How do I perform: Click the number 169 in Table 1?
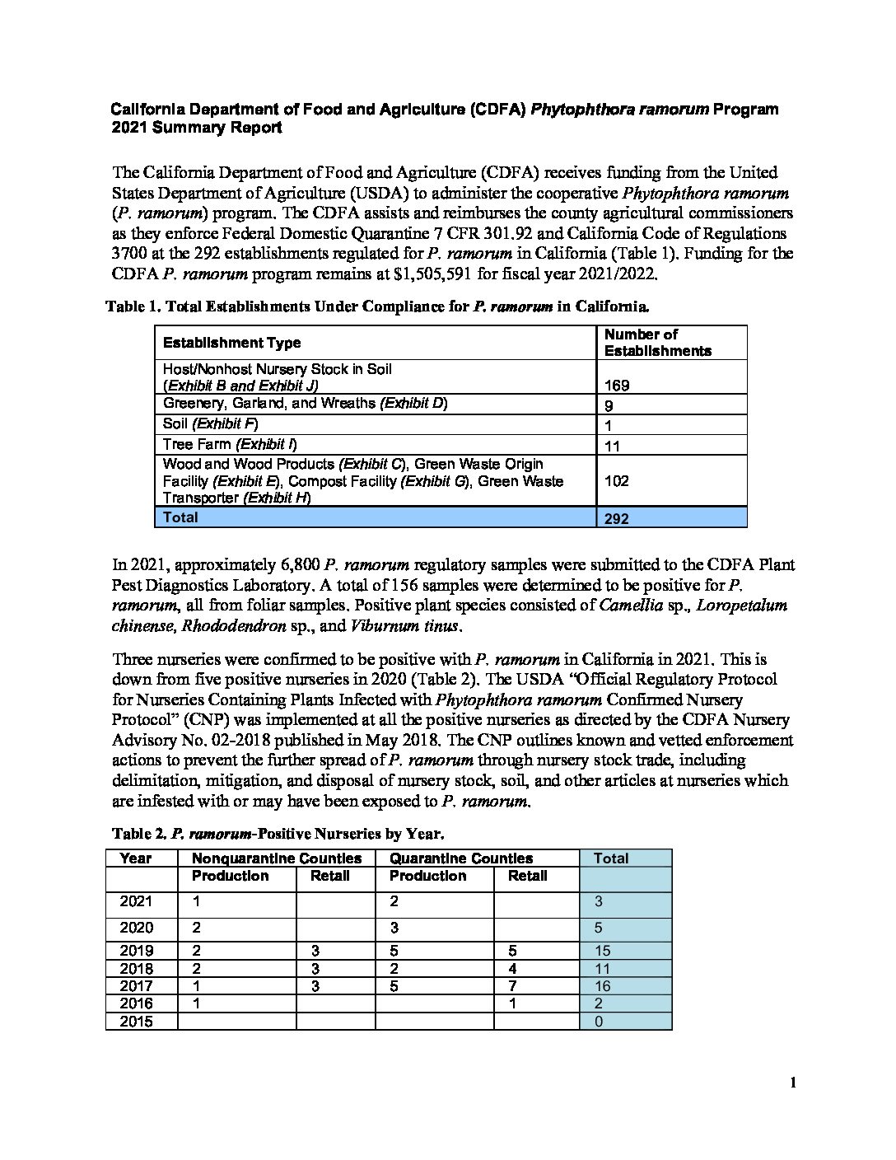(617, 385)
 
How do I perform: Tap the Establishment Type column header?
(231, 343)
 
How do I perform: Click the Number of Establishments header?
(657, 343)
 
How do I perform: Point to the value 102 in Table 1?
(617, 480)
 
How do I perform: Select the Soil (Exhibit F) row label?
(211, 424)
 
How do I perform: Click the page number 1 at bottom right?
(793, 1083)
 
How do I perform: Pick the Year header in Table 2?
(136, 858)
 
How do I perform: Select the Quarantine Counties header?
(461, 858)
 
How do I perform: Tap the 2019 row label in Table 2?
(137, 951)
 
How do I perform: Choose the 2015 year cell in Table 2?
(137, 1022)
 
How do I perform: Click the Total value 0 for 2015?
(599, 1022)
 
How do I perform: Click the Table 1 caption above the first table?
(377, 307)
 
